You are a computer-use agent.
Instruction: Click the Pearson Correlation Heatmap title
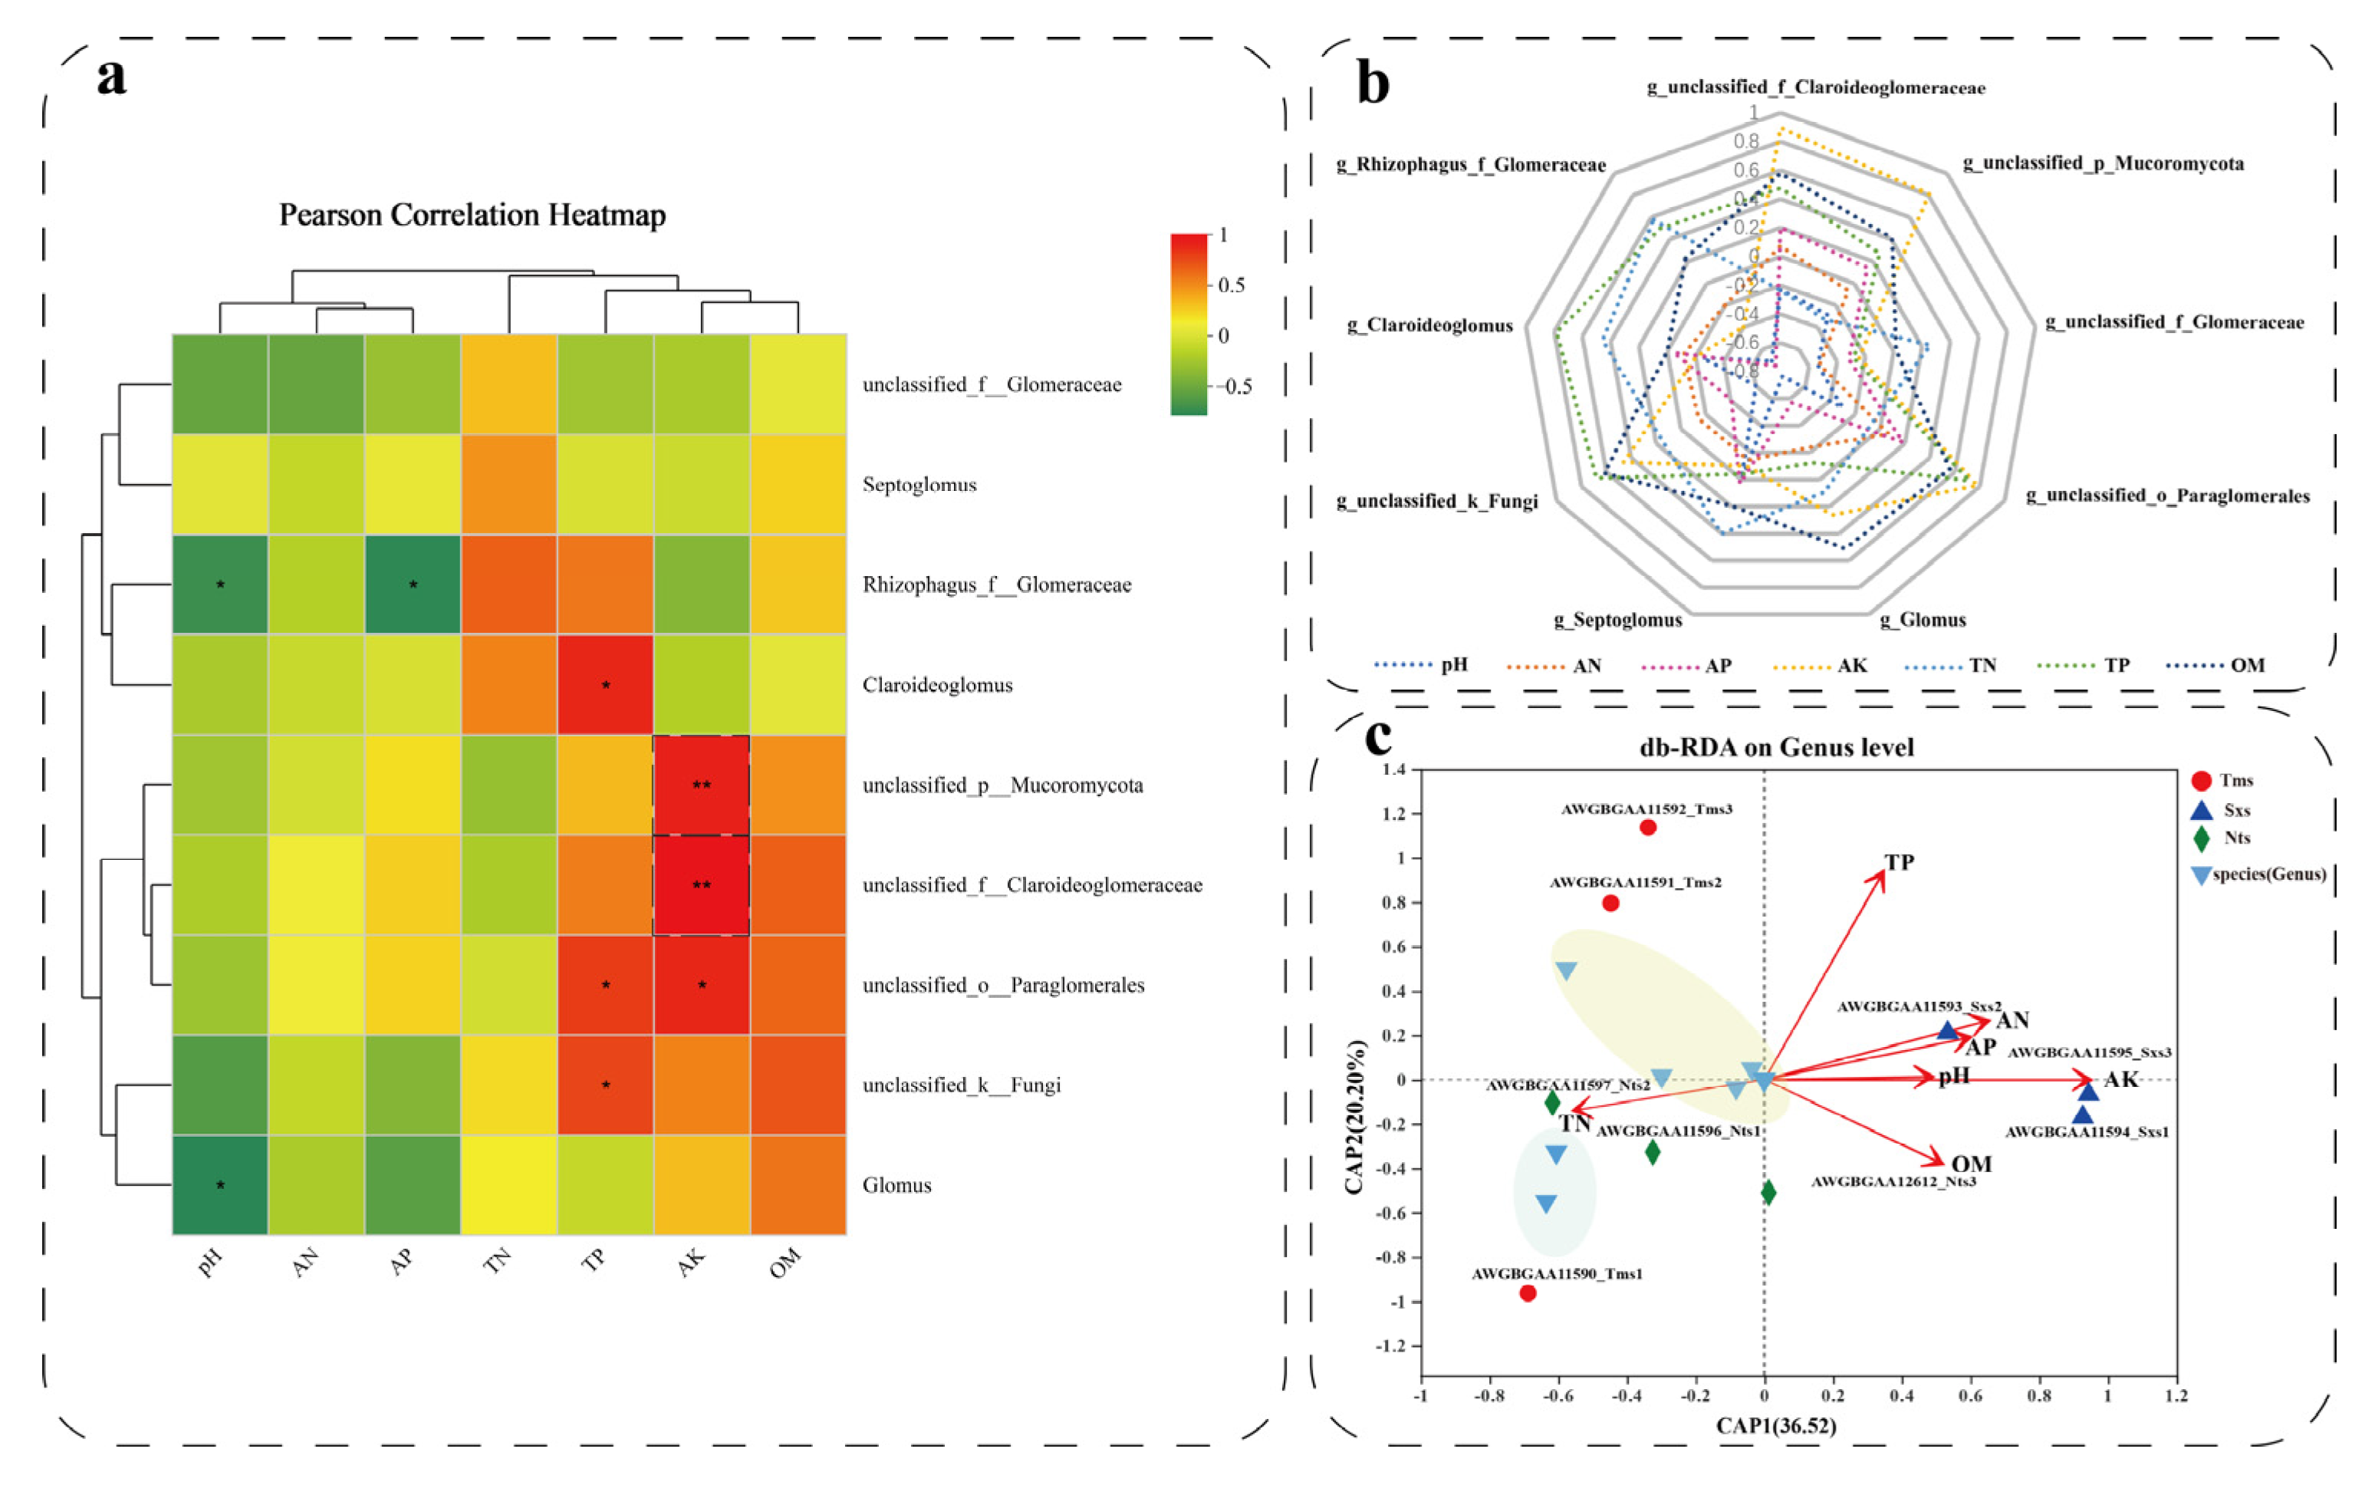tap(472, 215)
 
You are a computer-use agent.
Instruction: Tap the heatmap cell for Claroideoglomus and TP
tap(605, 685)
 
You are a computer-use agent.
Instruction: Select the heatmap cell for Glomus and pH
tap(220, 1184)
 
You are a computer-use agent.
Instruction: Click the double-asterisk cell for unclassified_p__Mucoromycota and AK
tap(701, 785)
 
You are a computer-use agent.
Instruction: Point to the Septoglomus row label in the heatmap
tap(919, 484)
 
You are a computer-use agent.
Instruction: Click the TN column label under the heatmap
tap(498, 1260)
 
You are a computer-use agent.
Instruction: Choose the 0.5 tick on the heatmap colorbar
tap(1231, 285)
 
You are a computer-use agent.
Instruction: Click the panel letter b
tap(1372, 83)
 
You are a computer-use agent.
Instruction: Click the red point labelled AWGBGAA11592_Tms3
tap(1648, 827)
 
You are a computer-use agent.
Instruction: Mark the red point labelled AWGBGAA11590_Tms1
tap(1528, 1293)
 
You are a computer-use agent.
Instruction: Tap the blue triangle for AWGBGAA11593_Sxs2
tap(1946, 1030)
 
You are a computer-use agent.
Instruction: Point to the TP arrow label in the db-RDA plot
tap(1899, 862)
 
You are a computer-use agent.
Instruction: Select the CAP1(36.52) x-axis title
tap(1776, 1425)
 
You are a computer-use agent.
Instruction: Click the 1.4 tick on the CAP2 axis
tap(1393, 769)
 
